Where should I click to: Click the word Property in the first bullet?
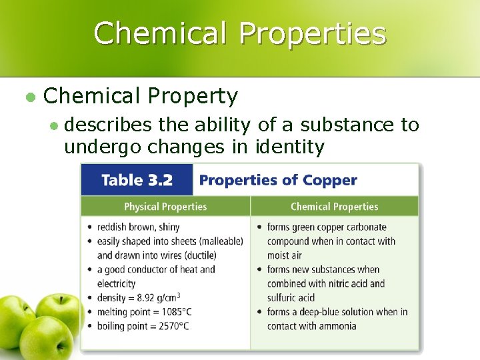(x=193, y=97)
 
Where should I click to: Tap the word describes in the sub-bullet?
(x=109, y=125)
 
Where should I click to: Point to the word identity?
(x=290, y=147)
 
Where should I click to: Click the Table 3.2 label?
(x=137, y=180)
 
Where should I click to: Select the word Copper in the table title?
(x=331, y=180)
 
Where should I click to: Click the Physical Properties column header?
(x=165, y=207)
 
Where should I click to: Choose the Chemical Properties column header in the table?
(x=334, y=207)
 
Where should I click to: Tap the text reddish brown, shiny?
(x=138, y=227)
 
